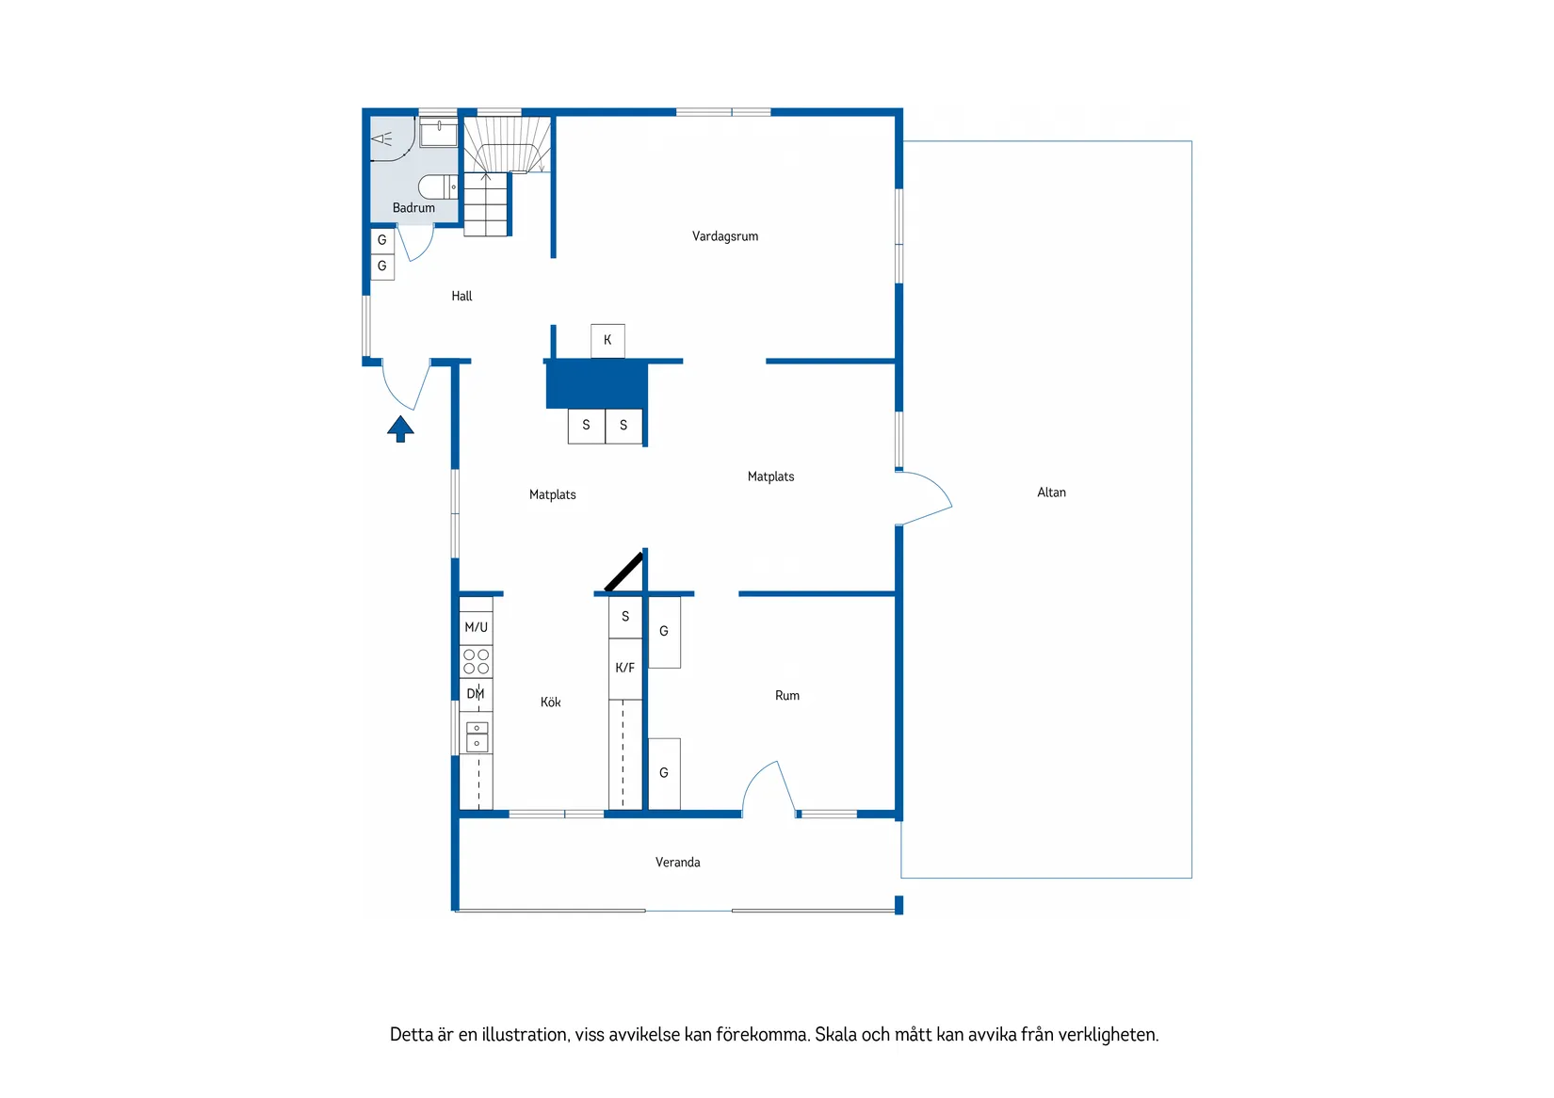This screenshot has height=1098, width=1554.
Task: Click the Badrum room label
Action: (x=413, y=208)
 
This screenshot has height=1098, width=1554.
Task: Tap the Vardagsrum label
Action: (x=724, y=236)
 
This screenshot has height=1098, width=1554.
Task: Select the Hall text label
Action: (x=461, y=296)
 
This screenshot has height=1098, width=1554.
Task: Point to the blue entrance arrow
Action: (x=400, y=428)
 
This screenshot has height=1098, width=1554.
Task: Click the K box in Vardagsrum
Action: (x=607, y=340)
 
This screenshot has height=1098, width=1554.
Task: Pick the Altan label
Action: (x=1051, y=492)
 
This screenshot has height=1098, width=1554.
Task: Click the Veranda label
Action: (x=677, y=863)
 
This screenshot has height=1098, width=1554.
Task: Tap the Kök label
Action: (x=550, y=702)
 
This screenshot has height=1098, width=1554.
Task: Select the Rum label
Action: (x=786, y=696)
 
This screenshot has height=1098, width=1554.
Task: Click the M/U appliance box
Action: (x=476, y=627)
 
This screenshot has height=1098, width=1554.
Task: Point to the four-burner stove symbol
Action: (x=476, y=661)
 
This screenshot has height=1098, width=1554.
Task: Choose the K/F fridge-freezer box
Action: (x=624, y=669)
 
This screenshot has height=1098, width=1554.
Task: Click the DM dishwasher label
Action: (x=476, y=694)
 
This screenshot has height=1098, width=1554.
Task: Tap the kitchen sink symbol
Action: (x=477, y=736)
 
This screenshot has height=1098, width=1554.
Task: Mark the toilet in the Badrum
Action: (x=436, y=186)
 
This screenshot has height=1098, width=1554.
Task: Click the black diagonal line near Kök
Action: (x=623, y=572)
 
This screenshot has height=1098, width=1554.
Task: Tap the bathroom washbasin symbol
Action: (x=439, y=133)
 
